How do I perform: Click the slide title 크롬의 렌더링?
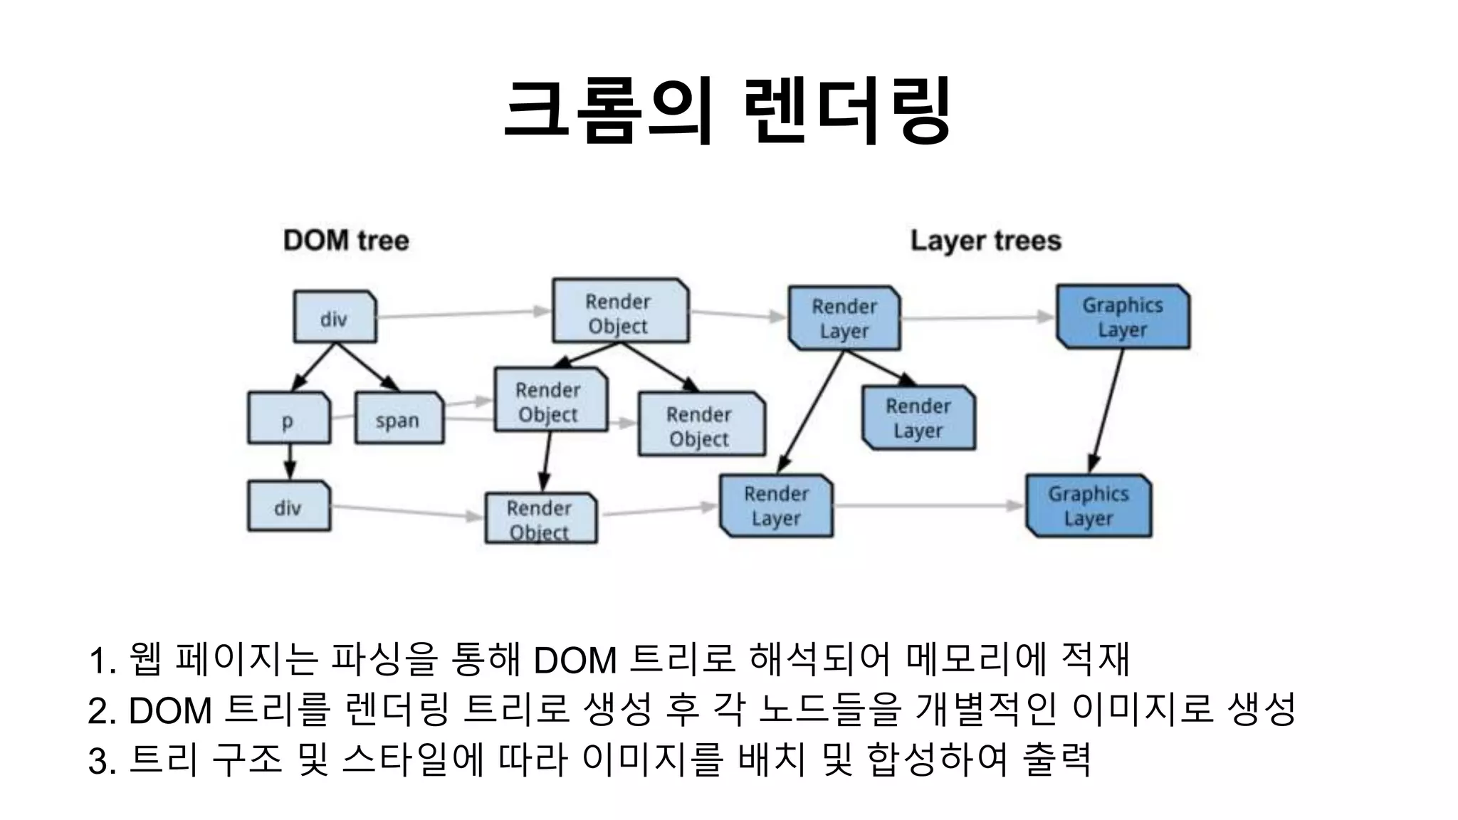[x=727, y=112]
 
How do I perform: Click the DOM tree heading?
[x=346, y=241]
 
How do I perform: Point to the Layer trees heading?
[x=985, y=241]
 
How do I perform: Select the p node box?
[x=288, y=418]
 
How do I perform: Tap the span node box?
[x=399, y=418]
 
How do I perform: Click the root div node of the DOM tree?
[x=335, y=317]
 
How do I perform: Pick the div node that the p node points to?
[x=288, y=506]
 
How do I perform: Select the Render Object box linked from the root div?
[x=620, y=311]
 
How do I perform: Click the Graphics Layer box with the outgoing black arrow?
[x=1123, y=317]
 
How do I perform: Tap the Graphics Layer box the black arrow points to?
[x=1089, y=505]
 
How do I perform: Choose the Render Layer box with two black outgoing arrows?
[x=844, y=318]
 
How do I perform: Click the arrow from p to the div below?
[x=289, y=462]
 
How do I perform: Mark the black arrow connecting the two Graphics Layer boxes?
[x=1108, y=411]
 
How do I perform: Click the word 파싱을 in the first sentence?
[x=383, y=659]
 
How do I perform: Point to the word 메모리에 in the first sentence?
[x=976, y=659]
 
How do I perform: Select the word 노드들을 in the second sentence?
[x=830, y=710]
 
